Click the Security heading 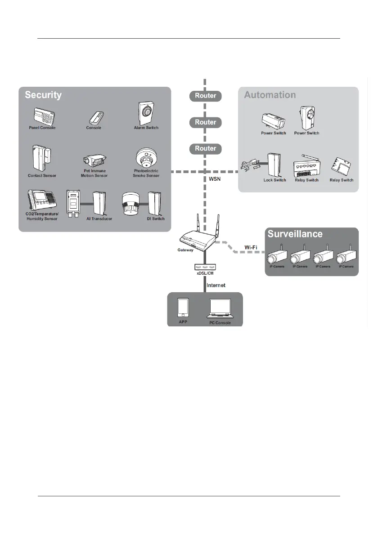click(x=43, y=95)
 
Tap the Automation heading click(x=270, y=95)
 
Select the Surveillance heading click(x=294, y=234)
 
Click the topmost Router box click(x=205, y=95)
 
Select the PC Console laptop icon click(x=220, y=309)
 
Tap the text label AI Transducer click(x=99, y=219)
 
